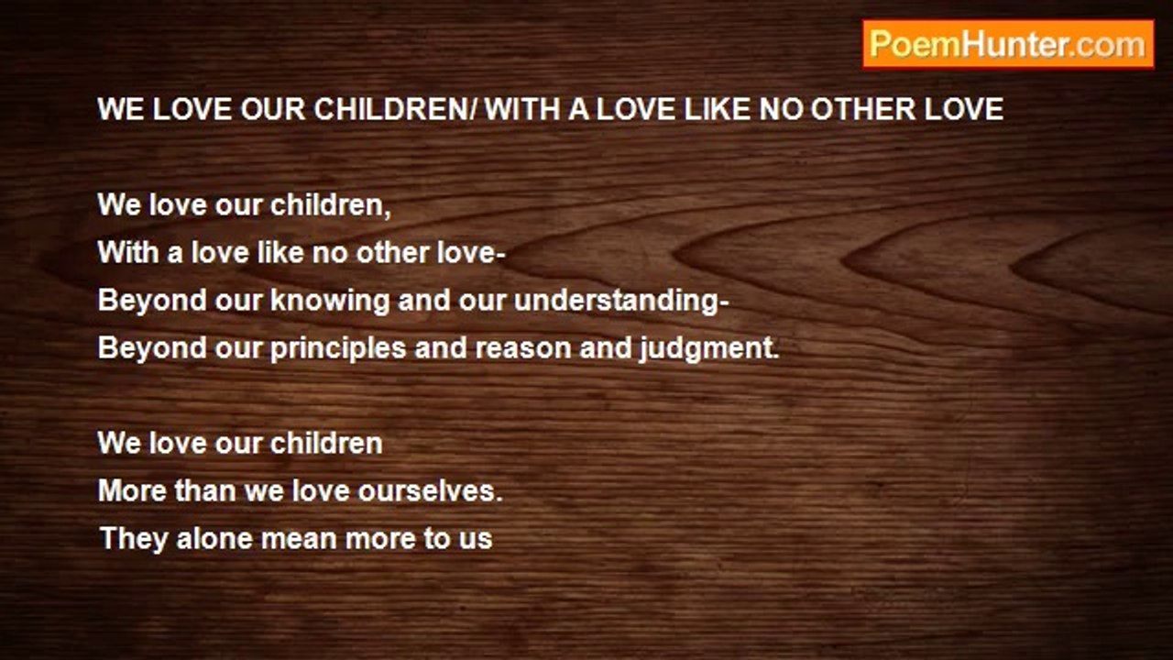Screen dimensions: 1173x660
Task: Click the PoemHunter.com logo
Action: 1008,45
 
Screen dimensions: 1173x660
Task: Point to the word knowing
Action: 330,301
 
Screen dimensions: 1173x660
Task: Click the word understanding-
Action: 621,301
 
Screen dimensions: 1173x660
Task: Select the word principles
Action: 338,348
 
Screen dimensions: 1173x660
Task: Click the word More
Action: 132,491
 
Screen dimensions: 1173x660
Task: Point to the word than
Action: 205,491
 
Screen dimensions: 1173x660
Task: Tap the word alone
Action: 214,539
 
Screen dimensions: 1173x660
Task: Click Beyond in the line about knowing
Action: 152,301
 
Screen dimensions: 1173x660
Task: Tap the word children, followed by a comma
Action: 331,204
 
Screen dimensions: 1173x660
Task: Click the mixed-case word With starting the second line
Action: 128,253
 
